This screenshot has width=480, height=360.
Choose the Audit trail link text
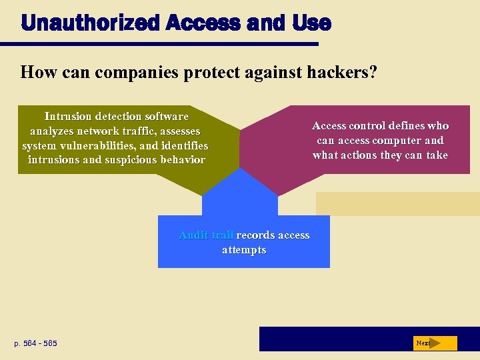(206, 235)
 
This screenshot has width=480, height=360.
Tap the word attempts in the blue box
(244, 250)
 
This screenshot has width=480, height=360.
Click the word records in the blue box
(255, 235)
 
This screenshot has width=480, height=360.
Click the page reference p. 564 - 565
(36, 343)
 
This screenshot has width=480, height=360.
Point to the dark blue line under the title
(160, 44)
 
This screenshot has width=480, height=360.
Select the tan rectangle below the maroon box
(397, 203)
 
